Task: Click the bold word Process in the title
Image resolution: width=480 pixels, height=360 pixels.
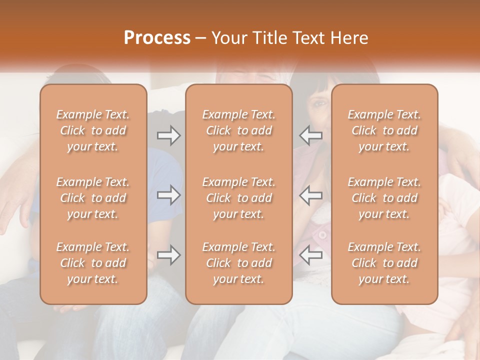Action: [157, 38]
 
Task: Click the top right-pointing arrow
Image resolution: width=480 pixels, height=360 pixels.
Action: [169, 135]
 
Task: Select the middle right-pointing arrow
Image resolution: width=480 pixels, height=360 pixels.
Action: [169, 195]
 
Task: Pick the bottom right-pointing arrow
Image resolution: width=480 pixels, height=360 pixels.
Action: [169, 255]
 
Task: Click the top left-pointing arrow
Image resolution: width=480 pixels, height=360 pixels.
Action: [311, 135]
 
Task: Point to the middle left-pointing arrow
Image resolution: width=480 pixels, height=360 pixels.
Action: [311, 195]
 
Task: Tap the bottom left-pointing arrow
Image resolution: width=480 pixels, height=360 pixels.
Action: [311, 255]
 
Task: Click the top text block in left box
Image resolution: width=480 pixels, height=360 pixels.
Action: [93, 130]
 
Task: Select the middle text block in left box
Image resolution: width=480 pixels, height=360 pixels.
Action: [93, 198]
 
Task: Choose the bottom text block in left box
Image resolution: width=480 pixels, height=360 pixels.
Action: [93, 263]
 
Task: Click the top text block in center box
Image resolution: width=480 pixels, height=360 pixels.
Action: [239, 130]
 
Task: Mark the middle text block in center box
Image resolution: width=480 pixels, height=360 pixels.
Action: [239, 198]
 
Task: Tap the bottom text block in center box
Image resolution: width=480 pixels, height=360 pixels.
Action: [239, 263]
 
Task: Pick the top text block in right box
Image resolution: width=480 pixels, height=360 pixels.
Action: [384, 130]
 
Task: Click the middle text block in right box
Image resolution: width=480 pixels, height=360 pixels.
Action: [384, 198]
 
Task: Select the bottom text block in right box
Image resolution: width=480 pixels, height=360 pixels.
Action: [384, 263]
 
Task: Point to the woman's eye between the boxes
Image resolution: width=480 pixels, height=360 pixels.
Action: [320, 103]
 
